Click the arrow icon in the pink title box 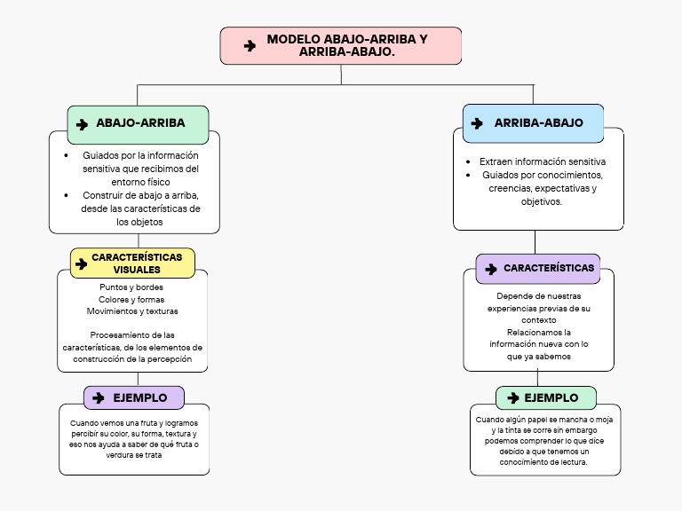pos(250,45)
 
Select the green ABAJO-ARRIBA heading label pos(138,125)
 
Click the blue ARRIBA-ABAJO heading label pos(533,123)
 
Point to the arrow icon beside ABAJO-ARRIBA pos(82,125)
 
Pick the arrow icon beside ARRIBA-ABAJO pos(477,123)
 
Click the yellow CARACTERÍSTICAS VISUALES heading pos(132,263)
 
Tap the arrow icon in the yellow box pos(82,263)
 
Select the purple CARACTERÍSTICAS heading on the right pos(538,269)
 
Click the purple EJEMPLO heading pos(134,397)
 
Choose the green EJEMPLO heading pos(546,397)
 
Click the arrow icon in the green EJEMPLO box pos(513,397)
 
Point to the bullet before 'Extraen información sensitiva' pos(468,161)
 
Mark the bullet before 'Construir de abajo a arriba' pos(66,195)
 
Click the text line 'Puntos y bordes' pos(131,287)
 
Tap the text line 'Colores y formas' pos(131,299)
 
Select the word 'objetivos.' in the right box pos(542,201)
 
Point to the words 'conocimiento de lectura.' pos(543,462)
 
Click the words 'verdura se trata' pos(134,455)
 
